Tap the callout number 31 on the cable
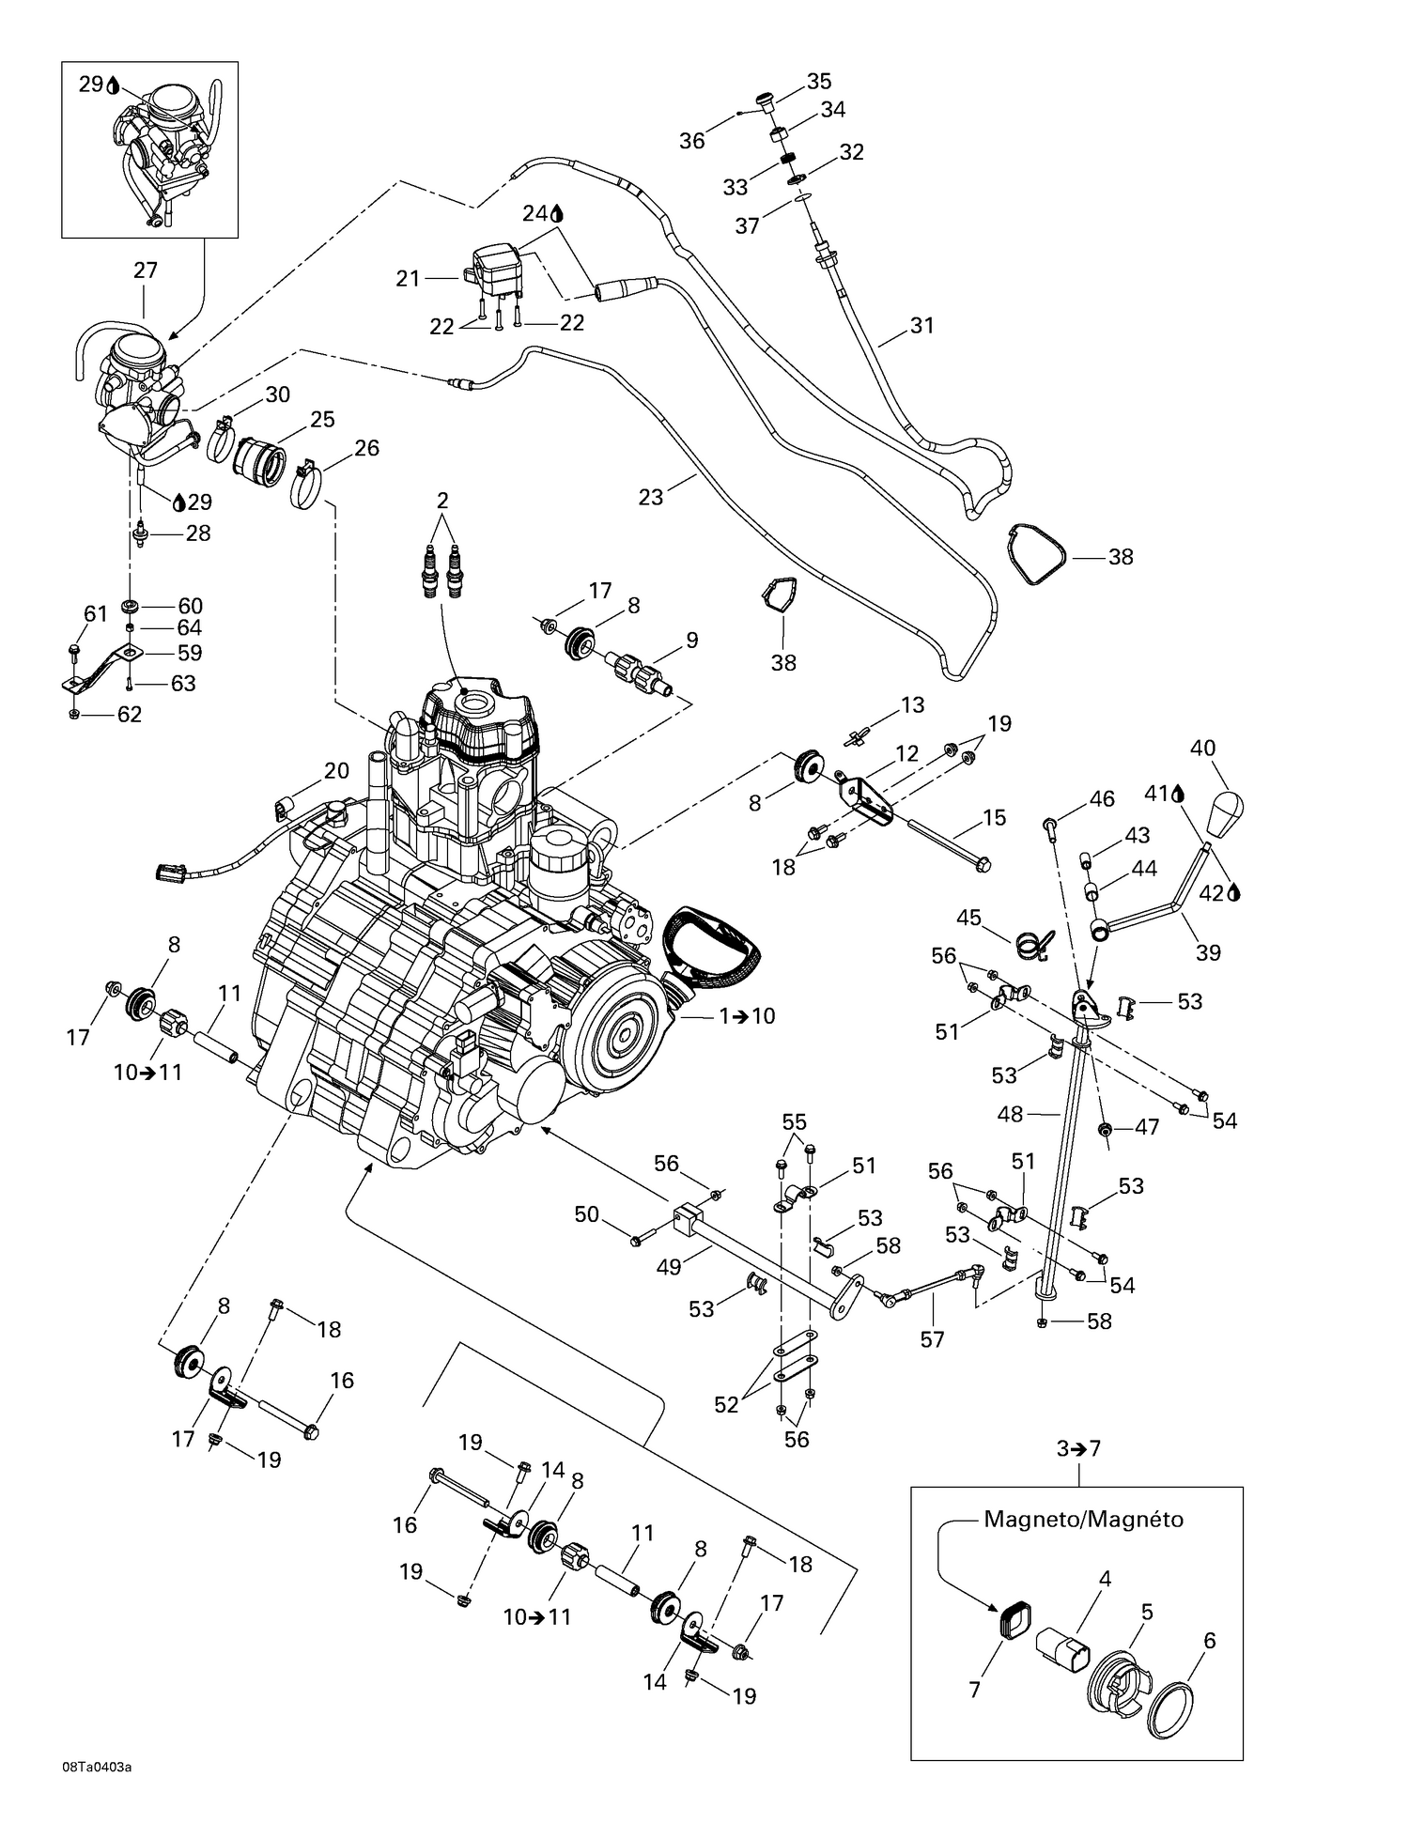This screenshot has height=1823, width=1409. [x=922, y=325]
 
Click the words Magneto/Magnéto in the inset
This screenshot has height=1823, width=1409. [x=1083, y=1519]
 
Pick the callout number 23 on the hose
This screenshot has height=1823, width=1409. [x=650, y=496]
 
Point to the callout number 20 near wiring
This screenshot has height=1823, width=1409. [x=336, y=770]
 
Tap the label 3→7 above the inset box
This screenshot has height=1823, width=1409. [x=1078, y=1448]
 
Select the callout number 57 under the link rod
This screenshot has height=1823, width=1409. [x=932, y=1338]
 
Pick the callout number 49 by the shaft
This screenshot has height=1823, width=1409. [x=668, y=1267]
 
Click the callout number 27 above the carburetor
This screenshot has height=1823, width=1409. [x=145, y=270]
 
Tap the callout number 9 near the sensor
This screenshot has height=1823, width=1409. [x=691, y=640]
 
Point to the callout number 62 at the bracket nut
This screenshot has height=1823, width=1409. [x=129, y=714]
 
